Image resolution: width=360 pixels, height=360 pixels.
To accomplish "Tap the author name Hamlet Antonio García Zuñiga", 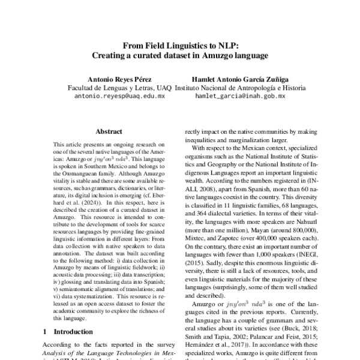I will [x=239, y=79].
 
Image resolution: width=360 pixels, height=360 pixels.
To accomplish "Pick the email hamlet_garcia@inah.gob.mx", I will [x=240, y=95].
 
